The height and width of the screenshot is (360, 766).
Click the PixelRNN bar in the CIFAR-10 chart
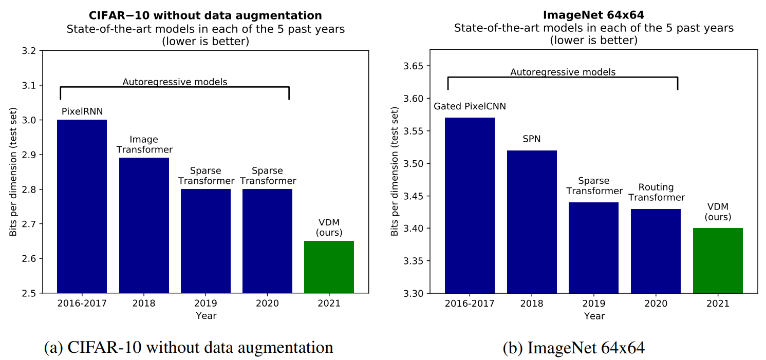pyautogui.click(x=82, y=206)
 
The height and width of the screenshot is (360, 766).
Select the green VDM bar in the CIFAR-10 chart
pyautogui.click(x=329, y=267)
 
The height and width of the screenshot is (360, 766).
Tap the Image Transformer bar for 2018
pyautogui.click(x=144, y=225)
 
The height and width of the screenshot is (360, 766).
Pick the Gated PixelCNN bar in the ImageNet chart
pyautogui.click(x=470, y=205)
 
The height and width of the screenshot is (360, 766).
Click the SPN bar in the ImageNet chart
pyautogui.click(x=532, y=222)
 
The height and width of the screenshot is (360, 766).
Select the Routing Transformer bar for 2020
pyautogui.click(x=656, y=251)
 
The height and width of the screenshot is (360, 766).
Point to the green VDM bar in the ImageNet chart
pyautogui.click(x=718, y=260)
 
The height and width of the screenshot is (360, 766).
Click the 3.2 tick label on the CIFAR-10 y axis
pyautogui.click(x=29, y=51)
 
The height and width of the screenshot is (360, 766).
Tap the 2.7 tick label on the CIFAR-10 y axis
pyautogui.click(x=29, y=224)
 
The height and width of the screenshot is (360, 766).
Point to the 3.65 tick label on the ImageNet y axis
pyautogui.click(x=414, y=66)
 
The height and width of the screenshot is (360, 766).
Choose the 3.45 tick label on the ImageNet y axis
pyautogui.click(x=414, y=196)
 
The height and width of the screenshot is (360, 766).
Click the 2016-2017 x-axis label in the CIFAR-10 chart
pyautogui.click(x=82, y=303)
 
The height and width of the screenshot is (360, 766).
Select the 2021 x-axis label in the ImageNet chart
pyautogui.click(x=718, y=303)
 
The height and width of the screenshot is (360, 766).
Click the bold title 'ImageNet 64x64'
pyautogui.click(x=594, y=15)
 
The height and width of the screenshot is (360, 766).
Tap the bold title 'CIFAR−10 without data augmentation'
pyautogui.click(x=205, y=15)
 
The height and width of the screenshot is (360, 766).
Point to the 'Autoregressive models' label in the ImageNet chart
pyautogui.click(x=563, y=72)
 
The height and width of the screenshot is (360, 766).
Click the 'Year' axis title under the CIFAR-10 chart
pyautogui.click(x=206, y=315)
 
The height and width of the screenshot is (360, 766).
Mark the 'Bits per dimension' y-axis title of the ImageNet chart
pyautogui.click(x=395, y=172)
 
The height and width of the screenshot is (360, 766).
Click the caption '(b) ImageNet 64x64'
pyautogui.click(x=574, y=348)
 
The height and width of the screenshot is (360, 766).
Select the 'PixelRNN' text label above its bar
pyautogui.click(x=82, y=111)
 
